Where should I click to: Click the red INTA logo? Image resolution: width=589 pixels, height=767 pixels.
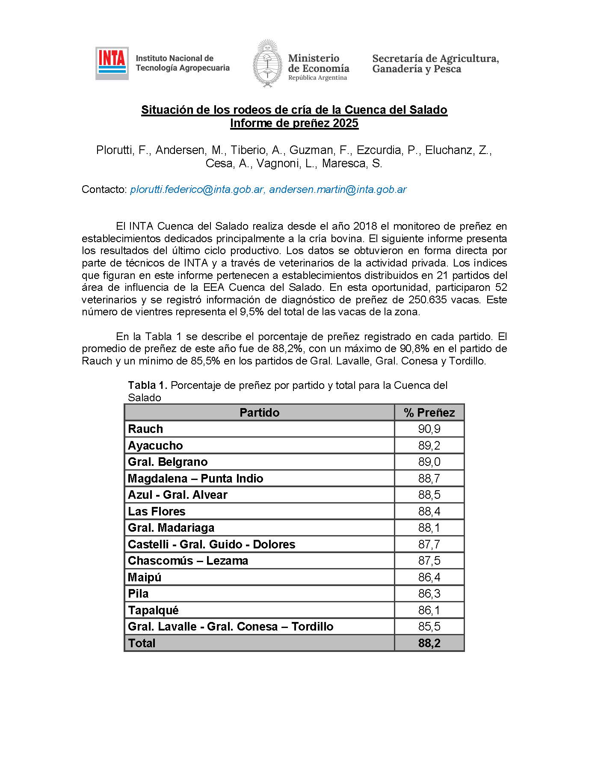click(x=112, y=63)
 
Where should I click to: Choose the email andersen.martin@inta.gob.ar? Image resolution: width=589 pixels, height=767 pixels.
click(x=337, y=190)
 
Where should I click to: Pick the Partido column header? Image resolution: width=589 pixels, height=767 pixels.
click(x=259, y=412)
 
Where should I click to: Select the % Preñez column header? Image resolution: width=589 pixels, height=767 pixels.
click(x=429, y=412)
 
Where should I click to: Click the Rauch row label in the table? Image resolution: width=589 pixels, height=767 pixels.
click(x=145, y=429)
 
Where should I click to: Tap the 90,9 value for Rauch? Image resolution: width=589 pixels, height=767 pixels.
click(x=429, y=429)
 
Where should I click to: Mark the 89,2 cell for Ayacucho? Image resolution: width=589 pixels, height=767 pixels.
click(x=429, y=446)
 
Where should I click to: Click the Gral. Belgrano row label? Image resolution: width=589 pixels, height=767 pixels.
click(x=168, y=462)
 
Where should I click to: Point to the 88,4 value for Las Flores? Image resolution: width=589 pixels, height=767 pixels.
click(x=429, y=512)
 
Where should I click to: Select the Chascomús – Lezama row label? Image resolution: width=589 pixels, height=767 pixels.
click(x=188, y=561)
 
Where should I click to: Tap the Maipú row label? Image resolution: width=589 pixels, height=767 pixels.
click(x=145, y=577)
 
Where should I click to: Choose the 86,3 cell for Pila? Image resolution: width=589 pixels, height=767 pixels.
click(x=429, y=594)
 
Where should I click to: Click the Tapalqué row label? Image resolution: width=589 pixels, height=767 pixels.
click(x=153, y=610)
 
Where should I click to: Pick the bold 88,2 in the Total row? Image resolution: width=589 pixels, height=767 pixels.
click(x=429, y=643)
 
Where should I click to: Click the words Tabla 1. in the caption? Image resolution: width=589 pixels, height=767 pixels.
click(x=148, y=385)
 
